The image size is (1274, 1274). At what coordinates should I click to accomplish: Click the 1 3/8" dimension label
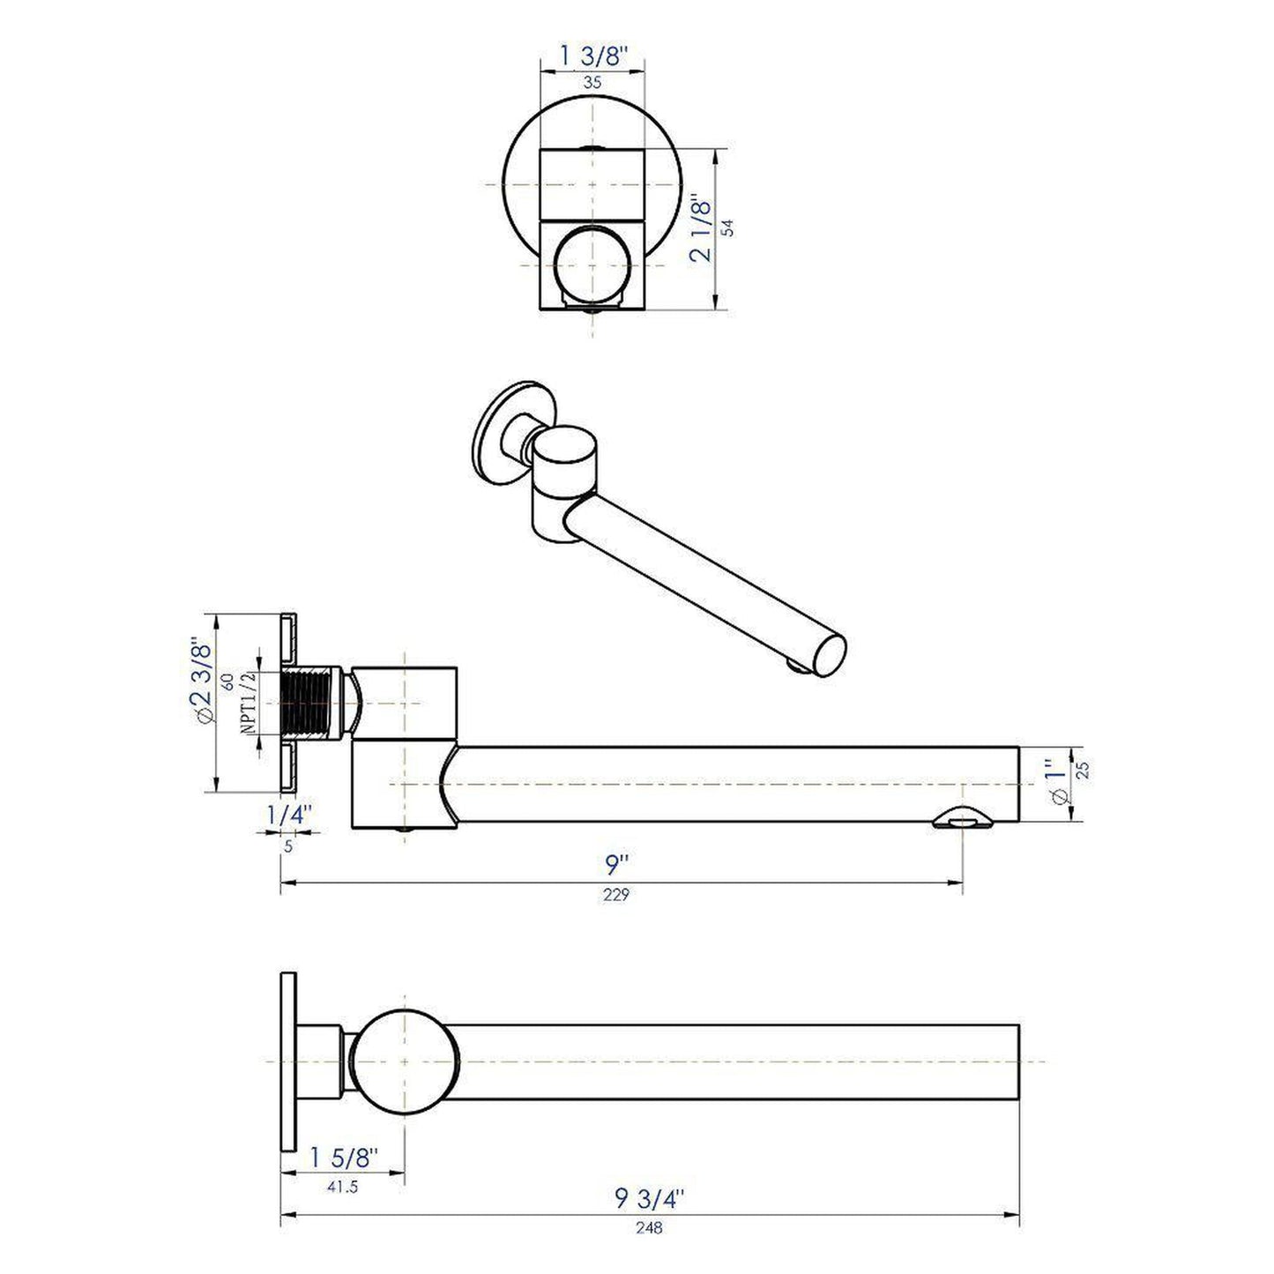click(x=592, y=56)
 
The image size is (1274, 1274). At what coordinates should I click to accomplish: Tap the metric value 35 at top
click(x=592, y=83)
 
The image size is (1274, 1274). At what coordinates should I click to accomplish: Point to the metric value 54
click(x=727, y=227)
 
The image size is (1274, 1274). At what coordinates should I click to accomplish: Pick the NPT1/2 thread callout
click(x=248, y=702)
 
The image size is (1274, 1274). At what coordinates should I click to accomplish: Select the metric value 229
click(x=616, y=895)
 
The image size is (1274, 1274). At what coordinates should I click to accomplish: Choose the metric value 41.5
click(x=342, y=1187)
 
